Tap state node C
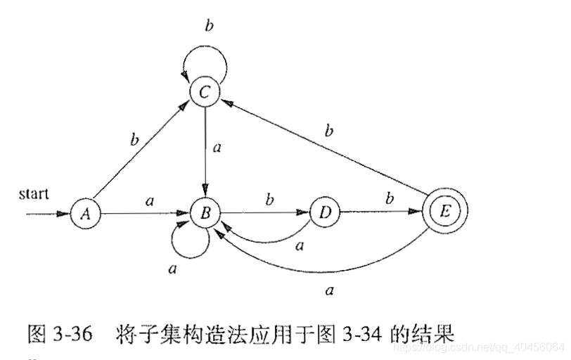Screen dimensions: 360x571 [205, 92]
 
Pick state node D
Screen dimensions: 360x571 [325, 213]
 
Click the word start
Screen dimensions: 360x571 [34, 193]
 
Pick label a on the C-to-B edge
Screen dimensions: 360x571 [217, 148]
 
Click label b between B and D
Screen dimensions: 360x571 [269, 200]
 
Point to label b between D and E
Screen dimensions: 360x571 [388, 200]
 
